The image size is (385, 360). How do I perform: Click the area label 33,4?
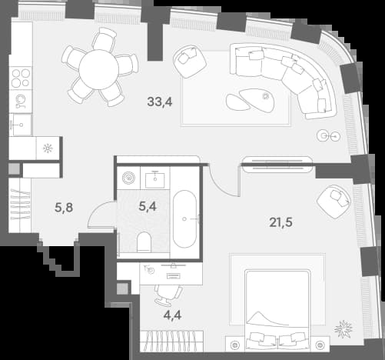(x=160, y=102)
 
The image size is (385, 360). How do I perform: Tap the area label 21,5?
(x=280, y=222)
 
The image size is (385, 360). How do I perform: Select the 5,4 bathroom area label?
(x=148, y=206)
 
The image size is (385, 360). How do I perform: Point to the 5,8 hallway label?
(x=64, y=208)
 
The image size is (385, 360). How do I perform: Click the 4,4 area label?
(x=172, y=315)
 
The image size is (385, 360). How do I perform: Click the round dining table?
(x=98, y=70)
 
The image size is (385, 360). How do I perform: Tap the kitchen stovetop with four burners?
(x=21, y=78)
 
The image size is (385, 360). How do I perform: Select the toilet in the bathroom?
(x=144, y=242)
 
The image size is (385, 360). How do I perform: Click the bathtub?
(x=184, y=218)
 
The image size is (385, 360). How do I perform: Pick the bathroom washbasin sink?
(x=155, y=179)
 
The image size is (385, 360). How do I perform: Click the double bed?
(x=277, y=310)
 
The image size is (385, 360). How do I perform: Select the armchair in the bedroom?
(x=334, y=202)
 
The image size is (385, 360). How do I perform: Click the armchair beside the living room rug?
(x=190, y=61)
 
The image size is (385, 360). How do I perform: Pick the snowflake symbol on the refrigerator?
(x=48, y=148)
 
